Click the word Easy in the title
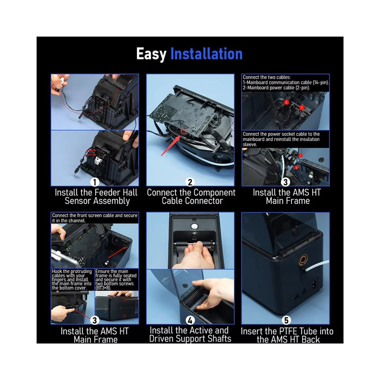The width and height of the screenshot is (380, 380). (151, 54)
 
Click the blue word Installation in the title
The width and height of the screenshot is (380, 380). (207, 54)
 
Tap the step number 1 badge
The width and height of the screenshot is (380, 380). (95, 182)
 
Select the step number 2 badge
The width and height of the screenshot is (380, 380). (190, 182)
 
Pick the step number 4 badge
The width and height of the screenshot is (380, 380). (190, 321)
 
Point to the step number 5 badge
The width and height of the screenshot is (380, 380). (286, 321)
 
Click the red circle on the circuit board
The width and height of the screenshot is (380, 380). (184, 131)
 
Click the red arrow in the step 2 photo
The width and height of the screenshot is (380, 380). (170, 146)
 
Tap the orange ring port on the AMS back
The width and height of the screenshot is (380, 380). (303, 260)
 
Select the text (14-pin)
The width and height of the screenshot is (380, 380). (321, 83)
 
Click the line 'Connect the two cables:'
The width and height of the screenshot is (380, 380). (267, 77)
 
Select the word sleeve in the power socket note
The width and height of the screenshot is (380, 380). (250, 144)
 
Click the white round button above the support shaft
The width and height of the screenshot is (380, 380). (194, 226)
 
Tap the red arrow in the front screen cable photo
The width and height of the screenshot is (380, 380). (117, 253)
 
